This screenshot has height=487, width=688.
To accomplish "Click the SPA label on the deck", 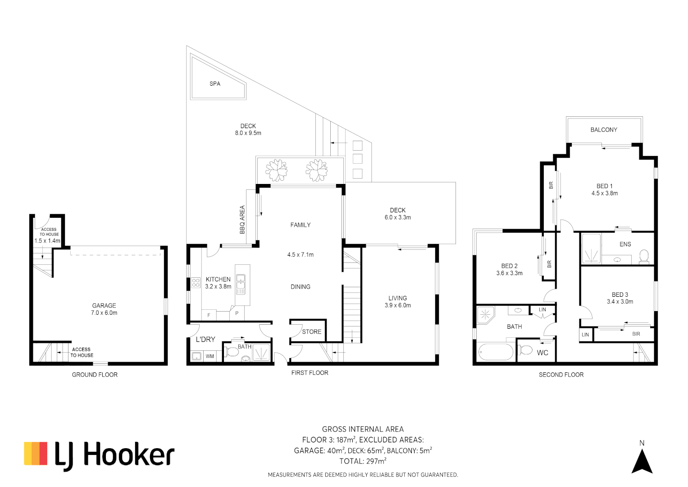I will (214, 84).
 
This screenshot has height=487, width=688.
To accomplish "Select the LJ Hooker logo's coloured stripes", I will (36, 454).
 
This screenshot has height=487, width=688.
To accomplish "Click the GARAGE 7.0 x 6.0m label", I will (104, 309).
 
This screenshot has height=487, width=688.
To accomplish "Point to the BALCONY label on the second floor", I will (603, 130).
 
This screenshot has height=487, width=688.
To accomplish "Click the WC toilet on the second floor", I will (525, 349).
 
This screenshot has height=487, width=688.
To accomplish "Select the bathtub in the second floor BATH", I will (495, 352).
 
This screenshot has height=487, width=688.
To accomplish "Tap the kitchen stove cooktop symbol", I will (196, 283).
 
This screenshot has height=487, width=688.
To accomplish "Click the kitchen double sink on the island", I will (241, 284).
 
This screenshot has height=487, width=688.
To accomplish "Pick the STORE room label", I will (311, 332).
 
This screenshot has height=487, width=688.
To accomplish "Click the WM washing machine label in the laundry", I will (210, 356).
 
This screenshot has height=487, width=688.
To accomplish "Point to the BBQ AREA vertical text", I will (242, 220).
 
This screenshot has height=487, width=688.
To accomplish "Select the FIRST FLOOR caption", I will (310, 373).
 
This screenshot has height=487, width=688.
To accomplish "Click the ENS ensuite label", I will (625, 244).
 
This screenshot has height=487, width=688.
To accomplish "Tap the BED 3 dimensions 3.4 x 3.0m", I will (620, 302).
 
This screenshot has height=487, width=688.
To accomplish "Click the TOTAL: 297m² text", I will (363, 461).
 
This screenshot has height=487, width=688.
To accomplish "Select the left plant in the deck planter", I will (276, 170).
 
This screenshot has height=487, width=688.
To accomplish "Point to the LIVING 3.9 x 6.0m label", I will (397, 302).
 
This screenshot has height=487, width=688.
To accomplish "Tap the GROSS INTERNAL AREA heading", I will (363, 429).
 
